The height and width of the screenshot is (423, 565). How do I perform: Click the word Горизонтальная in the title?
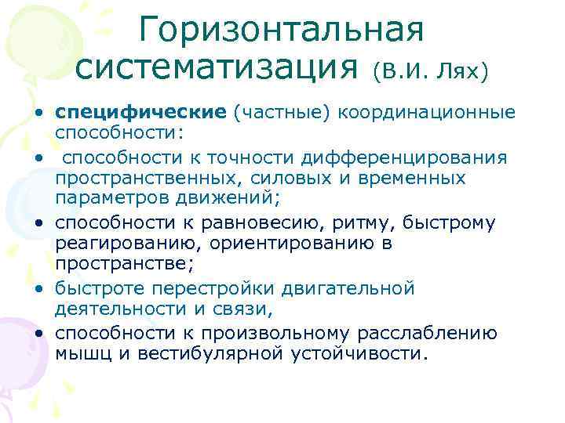coord(282,30)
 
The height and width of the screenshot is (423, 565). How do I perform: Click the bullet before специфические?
coord(38,114)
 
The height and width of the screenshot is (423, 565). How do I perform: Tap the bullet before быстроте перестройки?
coord(38,289)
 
